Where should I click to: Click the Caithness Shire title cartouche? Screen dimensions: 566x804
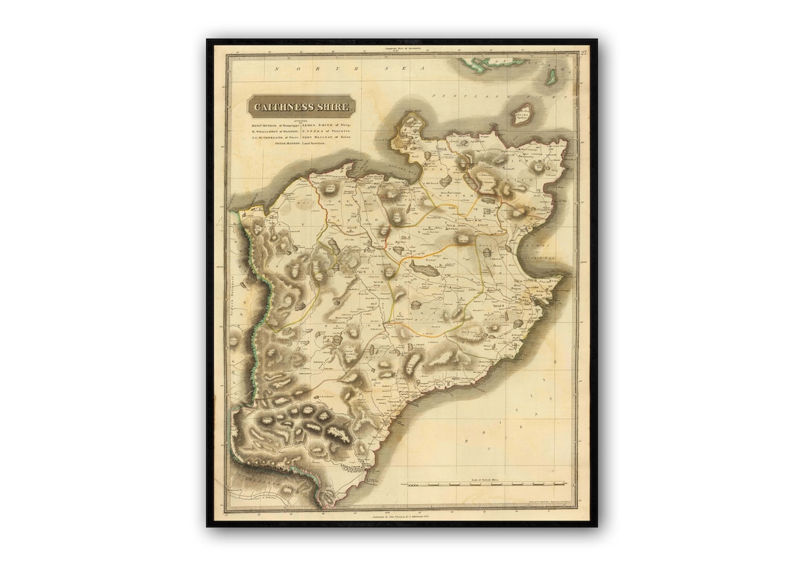301,106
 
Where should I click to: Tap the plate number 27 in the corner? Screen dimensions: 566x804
584,51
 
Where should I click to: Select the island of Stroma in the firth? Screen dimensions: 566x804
523,114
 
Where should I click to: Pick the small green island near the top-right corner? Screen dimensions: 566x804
552,76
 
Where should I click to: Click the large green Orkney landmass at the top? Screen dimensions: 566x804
485,65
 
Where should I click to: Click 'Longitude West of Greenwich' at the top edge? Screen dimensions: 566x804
402,48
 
